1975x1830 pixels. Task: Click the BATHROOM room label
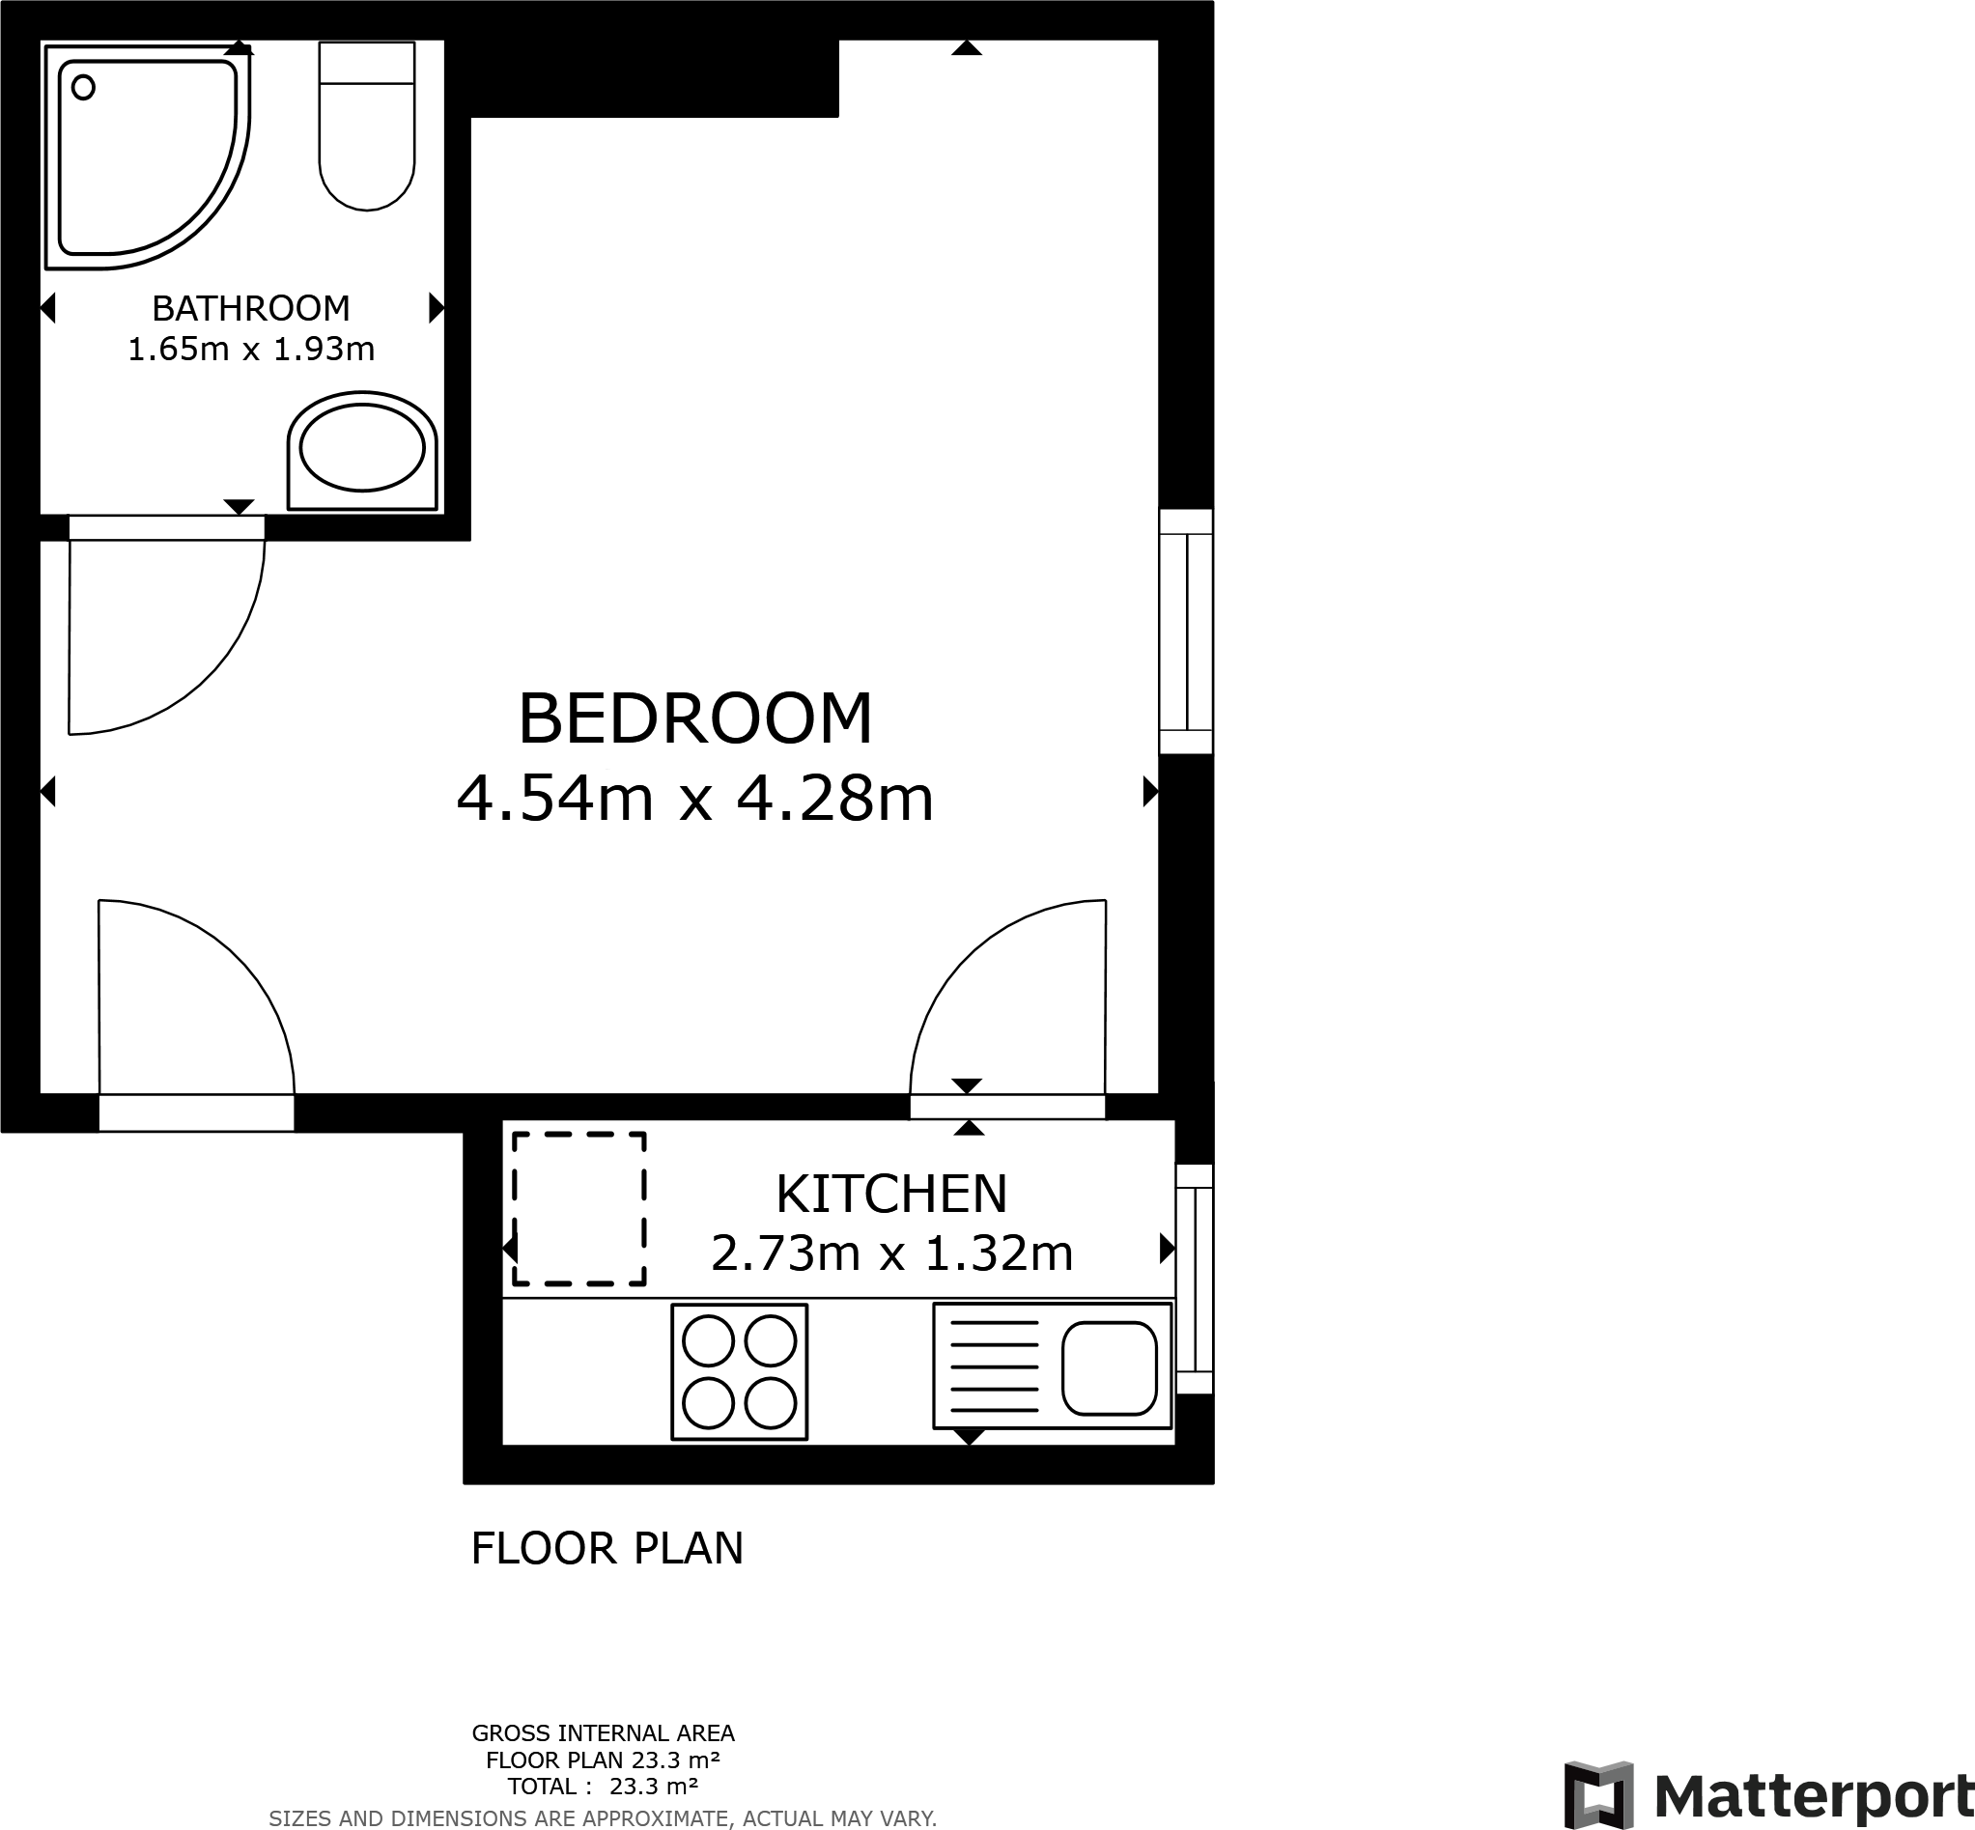pos(250,309)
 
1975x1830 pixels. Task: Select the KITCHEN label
pos(890,1195)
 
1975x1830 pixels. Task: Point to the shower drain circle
pos(84,88)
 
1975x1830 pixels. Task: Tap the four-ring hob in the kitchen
pos(739,1371)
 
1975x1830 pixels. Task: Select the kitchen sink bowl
pos(1109,1368)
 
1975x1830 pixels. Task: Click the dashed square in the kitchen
pos(579,1209)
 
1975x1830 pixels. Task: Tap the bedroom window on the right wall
pos(1186,632)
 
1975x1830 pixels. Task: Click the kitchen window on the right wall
pos(1194,1280)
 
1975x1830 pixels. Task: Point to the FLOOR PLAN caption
pos(607,1549)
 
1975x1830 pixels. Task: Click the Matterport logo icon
pos(1597,1795)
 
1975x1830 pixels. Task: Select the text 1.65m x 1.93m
pos(250,350)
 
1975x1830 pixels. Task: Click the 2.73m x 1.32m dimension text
pos(890,1253)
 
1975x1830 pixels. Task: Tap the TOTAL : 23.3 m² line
pos(603,1787)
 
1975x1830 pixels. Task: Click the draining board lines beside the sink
pos(994,1366)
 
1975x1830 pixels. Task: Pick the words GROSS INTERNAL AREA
pos(603,1733)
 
